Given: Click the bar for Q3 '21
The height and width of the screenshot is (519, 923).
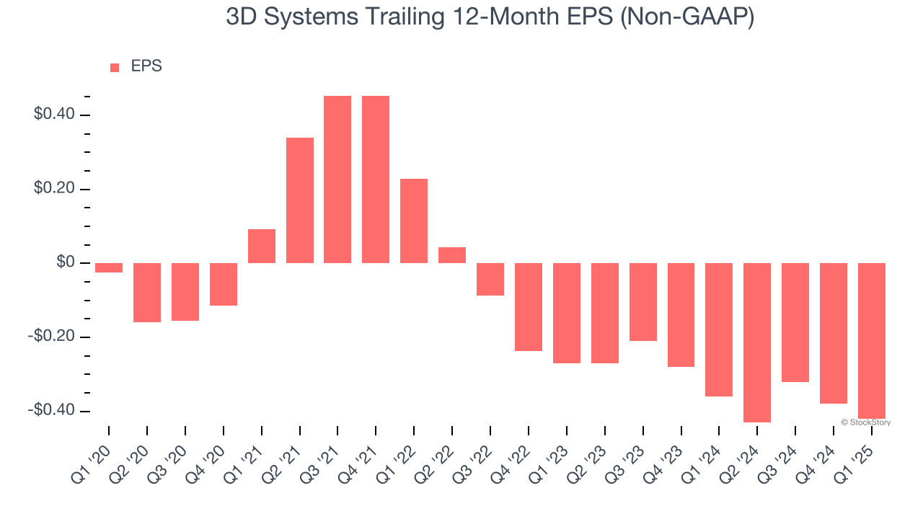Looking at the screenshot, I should click(337, 179).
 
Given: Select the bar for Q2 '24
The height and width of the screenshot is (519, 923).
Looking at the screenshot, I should click(757, 342).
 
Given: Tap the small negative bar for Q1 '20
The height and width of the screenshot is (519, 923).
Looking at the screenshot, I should click(109, 267).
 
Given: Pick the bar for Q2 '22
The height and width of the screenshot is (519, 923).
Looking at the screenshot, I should click(452, 255).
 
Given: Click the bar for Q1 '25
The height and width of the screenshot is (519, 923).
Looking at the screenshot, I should click(871, 340).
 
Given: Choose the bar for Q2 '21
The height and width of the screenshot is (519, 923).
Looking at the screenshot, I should click(299, 200).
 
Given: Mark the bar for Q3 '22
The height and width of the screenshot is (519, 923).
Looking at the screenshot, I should click(490, 279).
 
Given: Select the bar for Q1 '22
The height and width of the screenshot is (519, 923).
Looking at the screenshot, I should click(414, 221).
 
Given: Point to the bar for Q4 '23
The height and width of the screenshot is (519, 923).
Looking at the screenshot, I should click(681, 315).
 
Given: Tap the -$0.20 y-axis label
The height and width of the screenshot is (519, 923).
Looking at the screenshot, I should click(50, 337).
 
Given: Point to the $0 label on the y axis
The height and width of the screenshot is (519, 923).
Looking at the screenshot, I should click(65, 262).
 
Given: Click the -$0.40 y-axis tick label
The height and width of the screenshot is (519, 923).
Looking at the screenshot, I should click(50, 410).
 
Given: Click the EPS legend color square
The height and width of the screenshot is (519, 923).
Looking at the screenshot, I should click(115, 68).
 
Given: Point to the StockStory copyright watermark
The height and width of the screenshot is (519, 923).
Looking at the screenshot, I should click(866, 422).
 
